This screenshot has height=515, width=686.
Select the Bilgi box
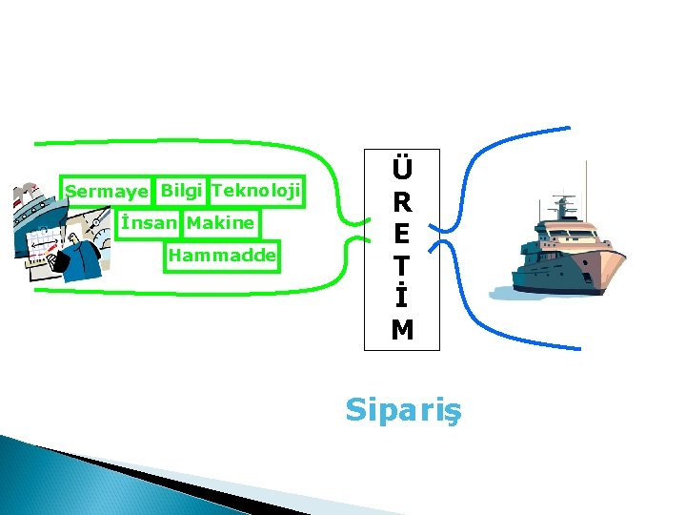[181, 191]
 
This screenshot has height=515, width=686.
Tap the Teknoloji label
[256, 191]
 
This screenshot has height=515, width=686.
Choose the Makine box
[221, 223]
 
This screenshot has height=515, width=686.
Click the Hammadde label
[222, 256]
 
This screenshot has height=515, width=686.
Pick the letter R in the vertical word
[402, 203]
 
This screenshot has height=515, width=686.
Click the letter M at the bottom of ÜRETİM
[402, 330]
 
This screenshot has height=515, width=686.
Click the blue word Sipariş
[402, 410]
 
